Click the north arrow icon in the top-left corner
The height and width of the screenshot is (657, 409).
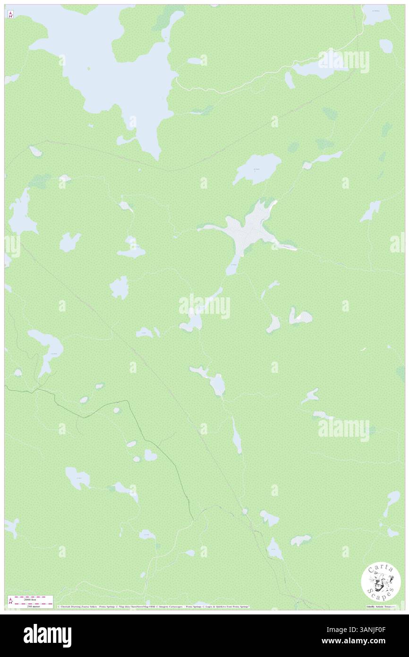pyautogui.click(x=10, y=15)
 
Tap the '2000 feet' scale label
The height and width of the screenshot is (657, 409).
pyautogui.click(x=30, y=599)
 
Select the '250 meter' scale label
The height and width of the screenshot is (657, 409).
pyautogui.click(x=30, y=606)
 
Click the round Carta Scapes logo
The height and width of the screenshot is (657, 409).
pyautogui.click(x=381, y=582)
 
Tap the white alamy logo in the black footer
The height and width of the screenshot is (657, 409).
pyautogui.click(x=47, y=636)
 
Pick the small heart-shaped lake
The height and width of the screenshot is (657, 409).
pyautogui.click(x=150, y=455)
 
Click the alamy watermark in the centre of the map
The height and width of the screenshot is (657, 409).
pyautogui.click(x=204, y=306)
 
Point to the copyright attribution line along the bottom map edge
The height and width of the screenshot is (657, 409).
pyautogui.click(x=153, y=606)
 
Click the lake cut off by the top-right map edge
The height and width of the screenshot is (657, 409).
pyautogui.click(x=376, y=14)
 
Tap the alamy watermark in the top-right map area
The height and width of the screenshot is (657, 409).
pyautogui.click(x=343, y=61)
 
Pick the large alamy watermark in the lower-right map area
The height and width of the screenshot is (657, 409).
pyautogui.click(x=343, y=429)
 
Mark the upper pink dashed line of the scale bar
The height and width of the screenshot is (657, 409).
pyautogui.click(x=30, y=596)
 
